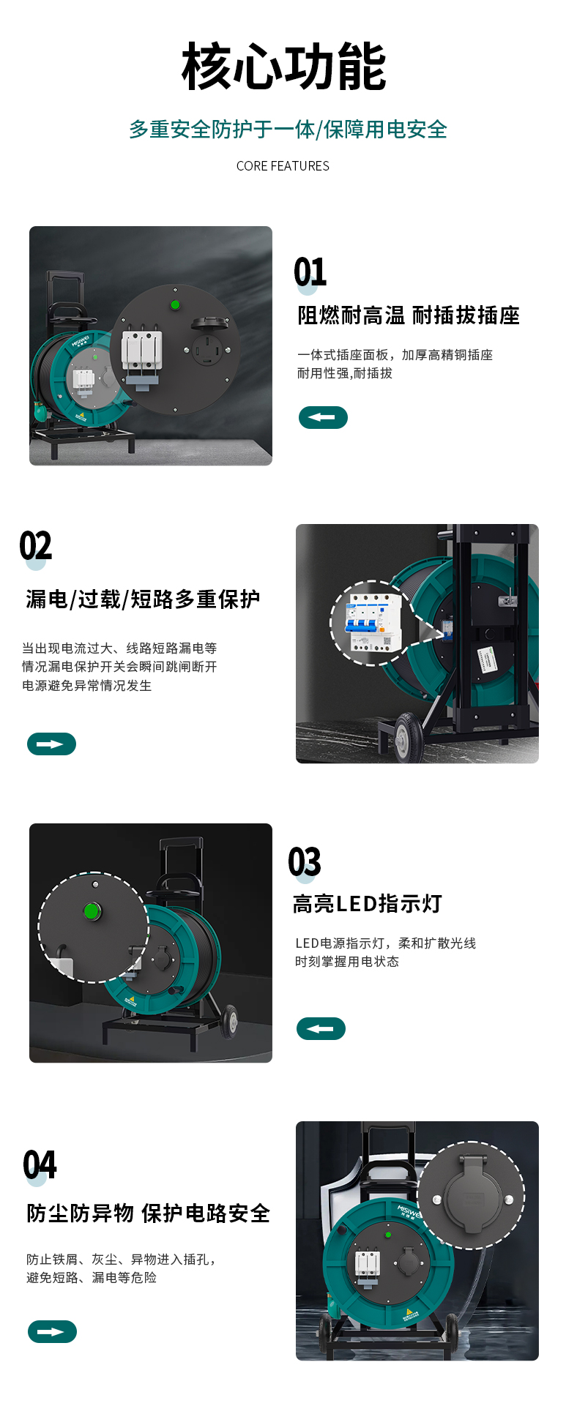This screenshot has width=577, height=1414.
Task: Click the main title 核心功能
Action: [x=283, y=67]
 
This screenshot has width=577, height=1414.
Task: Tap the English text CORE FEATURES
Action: [x=283, y=166]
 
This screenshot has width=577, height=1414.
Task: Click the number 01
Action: [x=310, y=272]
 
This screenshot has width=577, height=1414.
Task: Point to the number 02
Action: [x=36, y=546]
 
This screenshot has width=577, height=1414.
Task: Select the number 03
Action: [x=305, y=861]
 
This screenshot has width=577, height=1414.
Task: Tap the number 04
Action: [x=40, y=1165]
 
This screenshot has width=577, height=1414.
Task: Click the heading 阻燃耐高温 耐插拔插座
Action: [x=409, y=315]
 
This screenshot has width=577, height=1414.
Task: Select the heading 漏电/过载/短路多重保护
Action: [x=143, y=599]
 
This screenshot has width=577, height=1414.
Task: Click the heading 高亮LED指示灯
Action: [x=368, y=904]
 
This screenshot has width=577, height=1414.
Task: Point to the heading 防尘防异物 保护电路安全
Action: [x=149, y=1213]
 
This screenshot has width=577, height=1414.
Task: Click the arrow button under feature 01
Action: [x=323, y=417]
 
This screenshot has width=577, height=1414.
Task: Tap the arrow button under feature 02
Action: [x=51, y=744]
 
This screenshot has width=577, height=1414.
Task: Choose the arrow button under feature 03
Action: [x=321, y=1028]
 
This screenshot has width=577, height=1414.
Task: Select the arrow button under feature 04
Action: [x=52, y=1331]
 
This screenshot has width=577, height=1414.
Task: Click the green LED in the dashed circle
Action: [x=92, y=911]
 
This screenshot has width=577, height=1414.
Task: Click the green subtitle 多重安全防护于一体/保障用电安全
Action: [x=288, y=130]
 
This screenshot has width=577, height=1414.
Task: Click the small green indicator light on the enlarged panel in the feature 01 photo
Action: [x=175, y=304]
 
